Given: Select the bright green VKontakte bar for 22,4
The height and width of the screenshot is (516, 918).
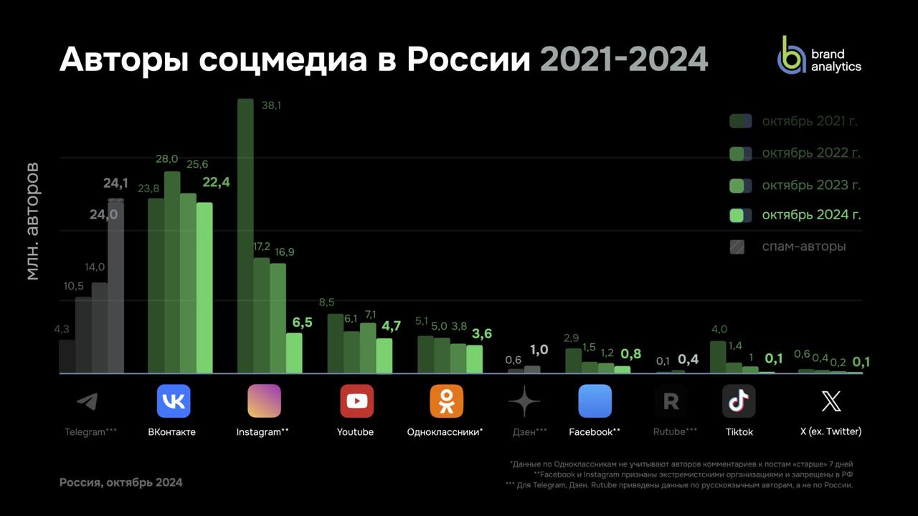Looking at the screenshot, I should point(204,287).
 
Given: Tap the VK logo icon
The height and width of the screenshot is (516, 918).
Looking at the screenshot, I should point(174,401).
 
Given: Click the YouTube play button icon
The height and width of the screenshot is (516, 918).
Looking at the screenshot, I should point(356,401).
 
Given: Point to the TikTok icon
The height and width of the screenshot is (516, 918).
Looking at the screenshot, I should point(739,401).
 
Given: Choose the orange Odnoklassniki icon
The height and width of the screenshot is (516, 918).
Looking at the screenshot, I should point(446,401).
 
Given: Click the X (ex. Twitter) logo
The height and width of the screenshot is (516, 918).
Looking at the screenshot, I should point(831,401).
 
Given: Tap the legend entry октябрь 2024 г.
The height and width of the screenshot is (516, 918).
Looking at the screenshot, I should point(811,215).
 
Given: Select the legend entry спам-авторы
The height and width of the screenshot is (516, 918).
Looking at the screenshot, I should point(803,247).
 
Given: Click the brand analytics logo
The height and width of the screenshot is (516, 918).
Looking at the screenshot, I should point(819,56).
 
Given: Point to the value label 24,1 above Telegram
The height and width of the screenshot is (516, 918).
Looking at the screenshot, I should point(115,183).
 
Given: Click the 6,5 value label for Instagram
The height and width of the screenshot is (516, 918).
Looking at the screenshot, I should point(302,322).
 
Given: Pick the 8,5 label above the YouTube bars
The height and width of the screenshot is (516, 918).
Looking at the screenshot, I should point(326,302).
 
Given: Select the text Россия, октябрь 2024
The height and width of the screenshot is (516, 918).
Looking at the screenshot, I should point(120,482).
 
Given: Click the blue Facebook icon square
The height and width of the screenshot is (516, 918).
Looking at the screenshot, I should point(595,401).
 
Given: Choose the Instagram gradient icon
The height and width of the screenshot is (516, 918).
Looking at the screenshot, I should point(264,401).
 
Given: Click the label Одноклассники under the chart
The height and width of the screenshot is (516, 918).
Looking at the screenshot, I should point(443,432).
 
